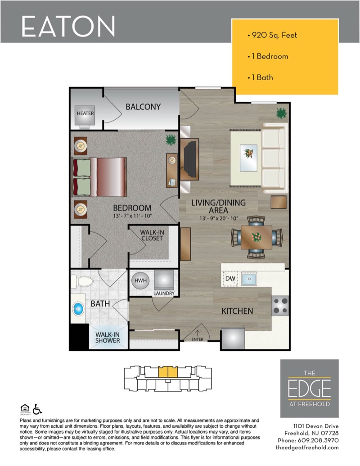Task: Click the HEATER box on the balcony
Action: pos(85,115)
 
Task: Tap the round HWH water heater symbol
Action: pos(140,280)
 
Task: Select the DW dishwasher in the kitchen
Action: pos(230,279)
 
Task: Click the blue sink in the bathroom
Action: pos(78,309)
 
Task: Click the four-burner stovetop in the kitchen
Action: pos(280,306)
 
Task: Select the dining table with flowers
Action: pos(256,237)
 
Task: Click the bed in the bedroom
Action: pos(99,177)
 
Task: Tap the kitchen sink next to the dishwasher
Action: pos(249,279)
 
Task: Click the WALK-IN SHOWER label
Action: pos(108,338)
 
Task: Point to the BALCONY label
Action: pos(143,107)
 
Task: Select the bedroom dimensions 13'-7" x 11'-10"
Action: pos(132,216)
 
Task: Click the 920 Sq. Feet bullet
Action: pos(272,35)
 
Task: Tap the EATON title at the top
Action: pos(68,27)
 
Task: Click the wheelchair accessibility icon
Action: pos(37,409)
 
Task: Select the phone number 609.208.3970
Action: pos(318,440)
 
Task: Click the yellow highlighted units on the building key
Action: pos(168,372)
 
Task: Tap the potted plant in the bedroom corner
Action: pos(171,140)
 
